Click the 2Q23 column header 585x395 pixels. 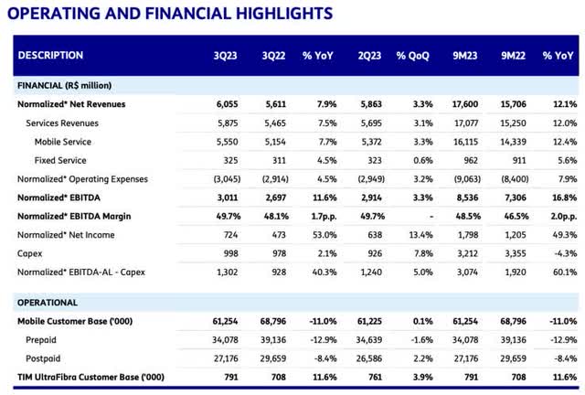pos(369,56)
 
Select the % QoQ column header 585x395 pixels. pos(412,56)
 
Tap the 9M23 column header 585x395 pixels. pos(465,56)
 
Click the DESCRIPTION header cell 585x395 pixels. pos(50,55)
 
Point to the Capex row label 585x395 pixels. pos(29,253)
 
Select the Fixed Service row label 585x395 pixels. pos(60,160)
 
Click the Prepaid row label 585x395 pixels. pos(40,340)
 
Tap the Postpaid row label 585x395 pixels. pos(43,358)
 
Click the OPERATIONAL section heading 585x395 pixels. pos(48,303)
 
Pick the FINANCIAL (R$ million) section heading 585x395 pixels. pos(64,86)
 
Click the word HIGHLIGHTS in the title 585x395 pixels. pos(284,14)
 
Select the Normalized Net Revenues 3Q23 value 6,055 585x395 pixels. pos(227,104)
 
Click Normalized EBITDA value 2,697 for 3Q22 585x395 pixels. pos(276,197)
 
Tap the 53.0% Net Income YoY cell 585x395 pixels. pos(324,235)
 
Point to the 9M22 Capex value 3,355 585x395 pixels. pos(516,253)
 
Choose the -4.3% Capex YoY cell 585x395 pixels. pos(565,253)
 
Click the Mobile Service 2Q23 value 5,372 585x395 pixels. pos(371,142)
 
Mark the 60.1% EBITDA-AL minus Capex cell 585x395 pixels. pos(565,272)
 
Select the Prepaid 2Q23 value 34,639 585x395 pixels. pos(368,340)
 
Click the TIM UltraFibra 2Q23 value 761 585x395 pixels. pos(375,377)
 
